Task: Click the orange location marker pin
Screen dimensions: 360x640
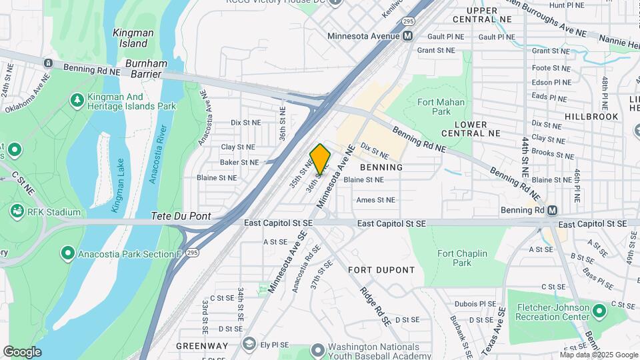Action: (x=321, y=159)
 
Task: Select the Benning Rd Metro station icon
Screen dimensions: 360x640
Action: (x=552, y=211)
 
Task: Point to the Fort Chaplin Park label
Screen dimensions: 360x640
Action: (x=462, y=258)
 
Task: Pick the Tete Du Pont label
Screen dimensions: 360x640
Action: (x=181, y=216)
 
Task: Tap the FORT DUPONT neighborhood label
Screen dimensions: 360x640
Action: (x=381, y=270)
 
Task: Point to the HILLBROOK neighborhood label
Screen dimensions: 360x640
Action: (x=591, y=116)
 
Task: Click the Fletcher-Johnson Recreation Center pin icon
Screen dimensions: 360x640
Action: (x=599, y=310)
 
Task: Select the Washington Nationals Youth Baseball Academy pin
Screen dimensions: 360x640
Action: (x=317, y=349)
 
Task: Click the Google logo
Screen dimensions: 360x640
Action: (x=22, y=351)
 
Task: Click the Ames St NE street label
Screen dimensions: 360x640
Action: (x=375, y=199)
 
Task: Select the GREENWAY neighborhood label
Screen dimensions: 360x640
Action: (x=202, y=346)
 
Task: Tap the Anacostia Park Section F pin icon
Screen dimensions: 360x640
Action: (x=67, y=253)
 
